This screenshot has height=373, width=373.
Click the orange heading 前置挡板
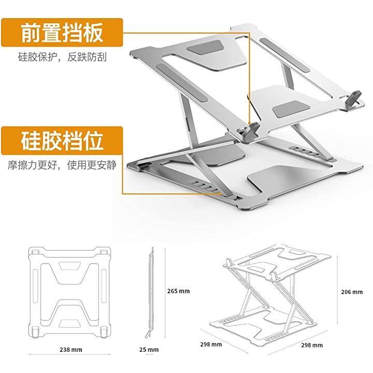pos(62,33)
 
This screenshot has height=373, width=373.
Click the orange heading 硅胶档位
pos(62,140)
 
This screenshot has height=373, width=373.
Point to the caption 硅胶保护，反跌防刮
pos(62,57)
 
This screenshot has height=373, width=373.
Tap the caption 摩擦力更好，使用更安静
pos(62,165)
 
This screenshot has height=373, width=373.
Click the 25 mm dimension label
pos(150,350)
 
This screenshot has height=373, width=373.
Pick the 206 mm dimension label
pos(353,292)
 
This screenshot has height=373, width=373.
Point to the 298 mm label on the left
pos(211,344)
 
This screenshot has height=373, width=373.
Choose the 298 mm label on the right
pos(311,345)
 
